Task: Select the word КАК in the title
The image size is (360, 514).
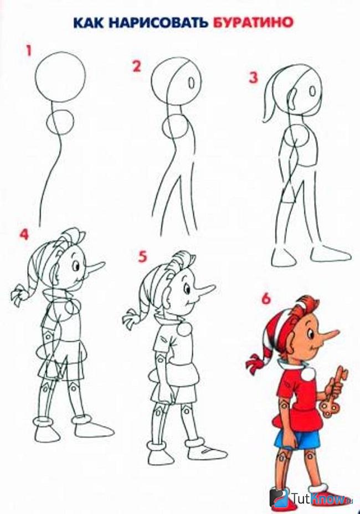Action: point(89,23)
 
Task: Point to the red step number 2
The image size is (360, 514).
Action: point(136,66)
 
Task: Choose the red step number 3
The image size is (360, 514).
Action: point(254,78)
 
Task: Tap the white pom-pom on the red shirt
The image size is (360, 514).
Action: point(307,373)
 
